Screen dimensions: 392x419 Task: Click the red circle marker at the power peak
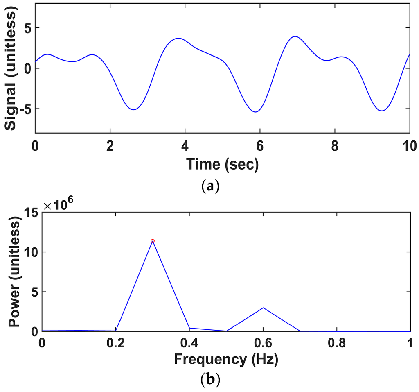point(153,241)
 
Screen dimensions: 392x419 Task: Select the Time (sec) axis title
point(223,164)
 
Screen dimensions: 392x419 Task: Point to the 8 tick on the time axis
point(335,145)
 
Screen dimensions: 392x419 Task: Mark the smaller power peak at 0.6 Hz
point(263,308)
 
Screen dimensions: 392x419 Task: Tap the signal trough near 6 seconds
point(255,112)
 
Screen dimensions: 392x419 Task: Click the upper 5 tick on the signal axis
point(28,28)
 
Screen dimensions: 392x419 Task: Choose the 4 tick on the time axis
point(185,145)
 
